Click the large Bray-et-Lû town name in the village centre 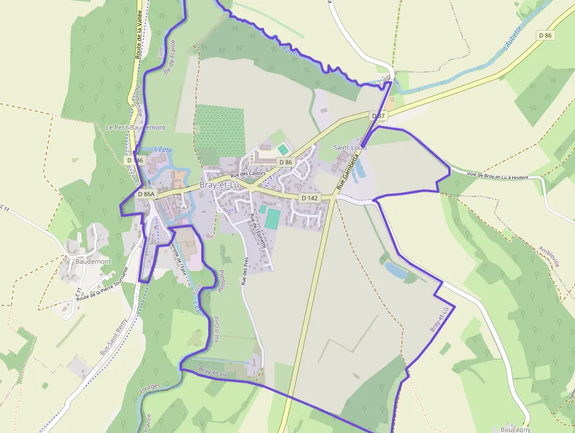[220, 184]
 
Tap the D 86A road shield [147, 194]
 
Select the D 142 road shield [309, 198]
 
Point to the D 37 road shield [378, 116]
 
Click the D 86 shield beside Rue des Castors [285, 162]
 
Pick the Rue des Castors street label [248, 174]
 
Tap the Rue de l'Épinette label [258, 230]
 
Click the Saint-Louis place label [350, 147]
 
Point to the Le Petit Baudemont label [136, 127]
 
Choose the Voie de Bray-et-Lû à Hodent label [498, 175]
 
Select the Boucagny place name [516, 428]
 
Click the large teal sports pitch [272, 219]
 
